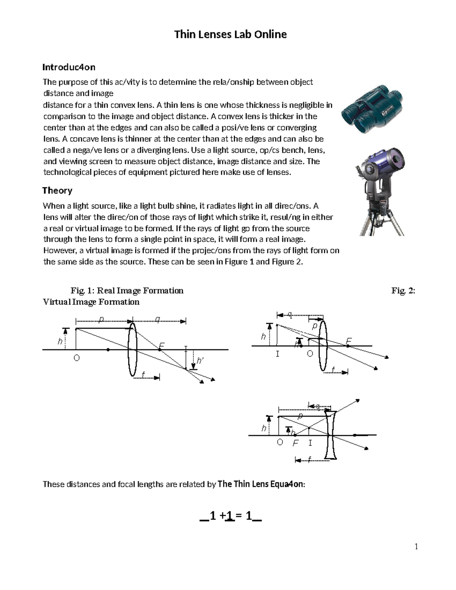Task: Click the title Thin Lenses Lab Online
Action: point(230,35)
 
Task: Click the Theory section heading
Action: point(57,190)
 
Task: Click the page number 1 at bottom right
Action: point(416,547)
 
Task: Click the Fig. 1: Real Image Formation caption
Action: point(127,291)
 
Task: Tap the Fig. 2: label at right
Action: point(403,291)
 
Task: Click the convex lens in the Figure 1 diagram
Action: point(132,349)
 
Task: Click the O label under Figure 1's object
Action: point(76,358)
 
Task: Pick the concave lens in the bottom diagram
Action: point(331,435)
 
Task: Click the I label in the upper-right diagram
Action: point(277,354)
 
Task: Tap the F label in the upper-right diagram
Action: point(348,341)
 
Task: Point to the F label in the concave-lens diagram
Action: point(295,443)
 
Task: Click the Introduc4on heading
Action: point(68,67)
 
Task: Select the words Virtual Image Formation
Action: point(91,302)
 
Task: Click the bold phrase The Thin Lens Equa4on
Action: point(261,484)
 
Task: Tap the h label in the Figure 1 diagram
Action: point(60,342)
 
